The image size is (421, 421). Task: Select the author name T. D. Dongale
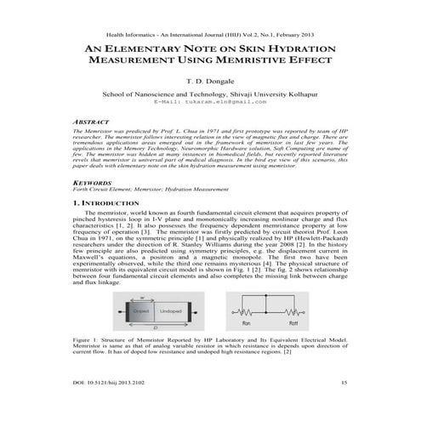[209, 86]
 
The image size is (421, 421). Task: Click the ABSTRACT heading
[92, 122]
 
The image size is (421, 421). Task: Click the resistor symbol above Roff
[288, 312]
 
